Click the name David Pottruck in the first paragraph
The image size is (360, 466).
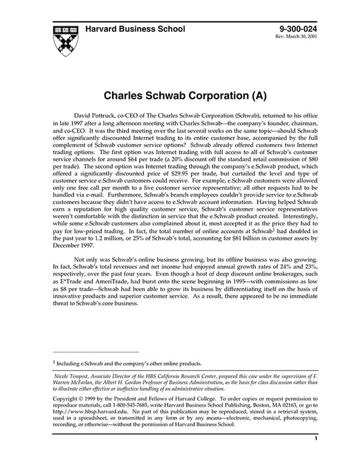tap(101, 118)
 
